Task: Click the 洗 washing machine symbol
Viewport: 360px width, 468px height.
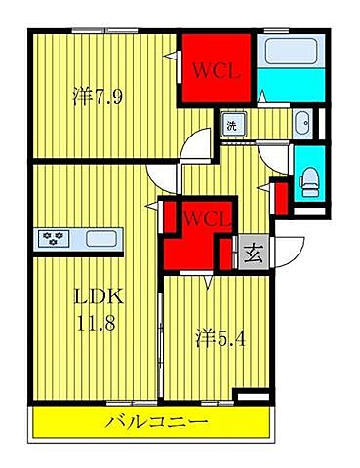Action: pyautogui.click(x=232, y=124)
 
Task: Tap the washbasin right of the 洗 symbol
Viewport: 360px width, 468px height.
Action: pyautogui.click(x=301, y=124)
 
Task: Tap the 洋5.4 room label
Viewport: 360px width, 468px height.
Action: pyautogui.click(x=217, y=338)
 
